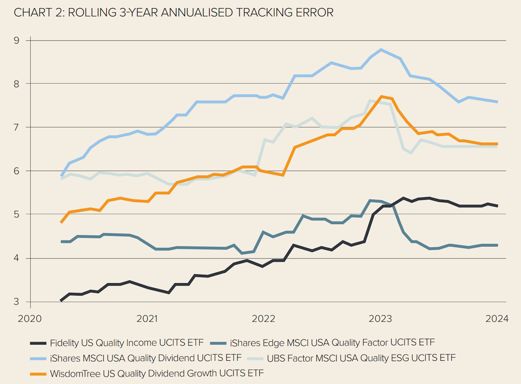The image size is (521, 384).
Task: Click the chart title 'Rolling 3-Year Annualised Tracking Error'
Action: (x=173, y=13)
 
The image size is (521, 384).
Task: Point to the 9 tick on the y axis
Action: (x=17, y=40)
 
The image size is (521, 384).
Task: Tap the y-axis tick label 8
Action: (x=17, y=84)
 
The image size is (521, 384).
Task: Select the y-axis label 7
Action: (x=17, y=127)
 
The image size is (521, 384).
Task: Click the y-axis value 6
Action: (x=17, y=171)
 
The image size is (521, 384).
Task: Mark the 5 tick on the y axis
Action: (x=17, y=214)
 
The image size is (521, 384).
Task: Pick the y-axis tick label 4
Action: (x=17, y=258)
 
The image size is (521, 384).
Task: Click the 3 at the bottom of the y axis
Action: (x=17, y=302)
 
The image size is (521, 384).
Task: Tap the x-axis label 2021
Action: (x=147, y=318)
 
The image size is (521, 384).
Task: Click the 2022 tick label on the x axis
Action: (x=265, y=318)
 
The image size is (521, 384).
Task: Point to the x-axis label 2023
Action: (x=381, y=318)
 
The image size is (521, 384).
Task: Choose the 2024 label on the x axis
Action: (x=497, y=318)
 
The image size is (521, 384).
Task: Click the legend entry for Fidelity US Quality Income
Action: (x=126, y=342)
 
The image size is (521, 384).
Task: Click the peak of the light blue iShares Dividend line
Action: (x=381, y=50)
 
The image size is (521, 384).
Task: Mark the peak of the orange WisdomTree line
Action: (x=381, y=97)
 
